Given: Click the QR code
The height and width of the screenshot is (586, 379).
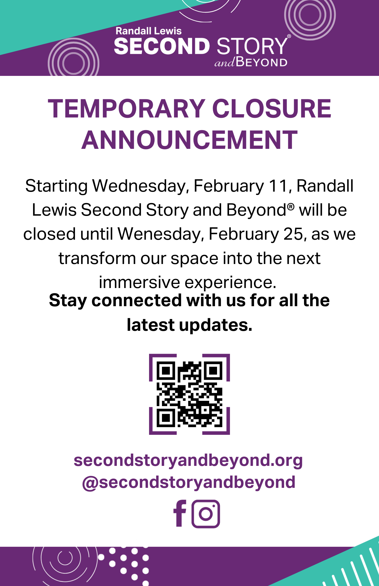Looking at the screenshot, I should [189, 394].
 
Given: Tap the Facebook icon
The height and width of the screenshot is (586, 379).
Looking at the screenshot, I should [180, 513].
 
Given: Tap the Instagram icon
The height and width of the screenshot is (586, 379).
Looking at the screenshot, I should [206, 514].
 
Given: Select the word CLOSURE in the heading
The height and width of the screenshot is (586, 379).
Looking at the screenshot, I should [272, 109].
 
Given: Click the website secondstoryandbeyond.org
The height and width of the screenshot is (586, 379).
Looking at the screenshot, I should [188, 460].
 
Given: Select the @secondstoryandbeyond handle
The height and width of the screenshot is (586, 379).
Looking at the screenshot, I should [189, 482].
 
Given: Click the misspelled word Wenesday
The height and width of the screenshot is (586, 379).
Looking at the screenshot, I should [160, 234].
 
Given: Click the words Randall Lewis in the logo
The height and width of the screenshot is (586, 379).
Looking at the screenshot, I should [148, 31].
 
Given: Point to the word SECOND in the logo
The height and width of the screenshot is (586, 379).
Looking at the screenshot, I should [162, 46].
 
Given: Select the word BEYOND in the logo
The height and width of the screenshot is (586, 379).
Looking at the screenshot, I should [262, 62].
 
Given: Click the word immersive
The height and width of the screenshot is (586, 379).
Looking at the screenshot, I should [139, 282].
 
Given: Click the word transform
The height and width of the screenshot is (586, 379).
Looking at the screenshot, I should [97, 258].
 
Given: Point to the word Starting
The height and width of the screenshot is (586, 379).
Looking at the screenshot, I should [56, 186].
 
